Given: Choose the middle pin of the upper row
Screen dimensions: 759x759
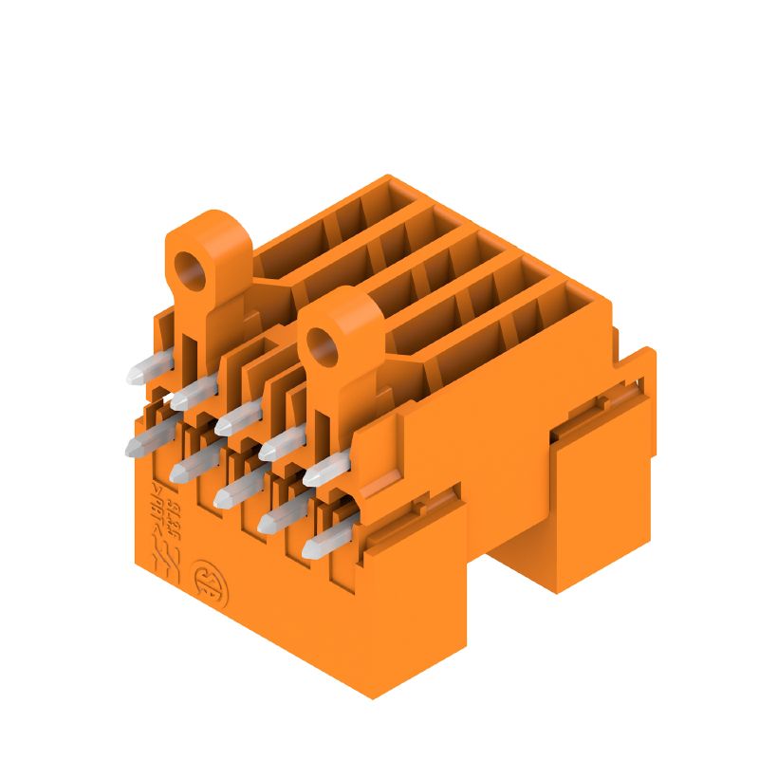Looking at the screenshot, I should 238,417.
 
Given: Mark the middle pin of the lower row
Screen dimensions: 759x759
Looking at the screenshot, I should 238,490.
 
